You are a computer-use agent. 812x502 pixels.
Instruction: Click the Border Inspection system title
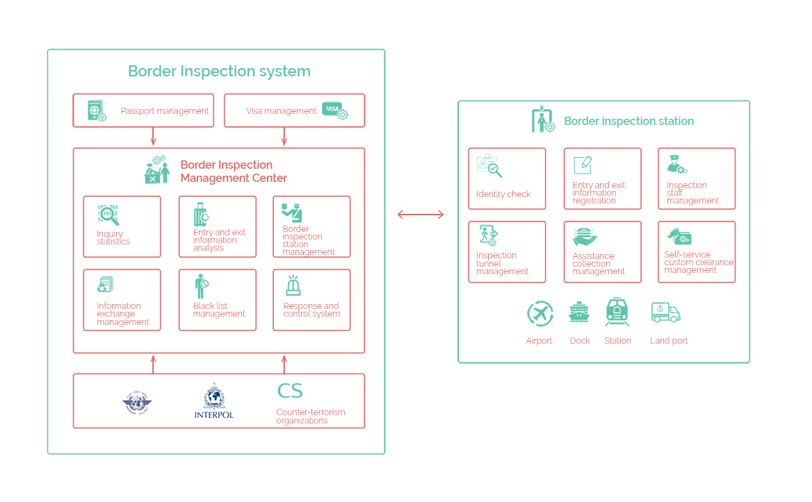pos(219,72)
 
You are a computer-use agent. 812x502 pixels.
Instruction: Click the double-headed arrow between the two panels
pos(421,215)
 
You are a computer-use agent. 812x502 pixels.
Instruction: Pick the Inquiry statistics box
pos(122,226)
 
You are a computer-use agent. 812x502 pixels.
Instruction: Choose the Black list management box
pos(217,299)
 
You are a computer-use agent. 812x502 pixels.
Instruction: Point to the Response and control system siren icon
pos(293,285)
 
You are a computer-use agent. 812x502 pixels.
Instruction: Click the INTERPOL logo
pos(213,401)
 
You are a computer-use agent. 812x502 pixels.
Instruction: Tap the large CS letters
pos(290,391)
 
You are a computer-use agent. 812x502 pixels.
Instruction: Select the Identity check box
pos(507,178)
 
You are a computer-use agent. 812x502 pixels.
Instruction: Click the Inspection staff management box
pos(697,178)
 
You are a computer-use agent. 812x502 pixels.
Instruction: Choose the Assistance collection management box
pos(602,251)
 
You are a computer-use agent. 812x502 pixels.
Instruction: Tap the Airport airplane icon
pos(539,314)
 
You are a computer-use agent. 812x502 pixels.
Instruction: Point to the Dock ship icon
pos(579,313)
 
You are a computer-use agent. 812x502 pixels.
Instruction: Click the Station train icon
pos(617,312)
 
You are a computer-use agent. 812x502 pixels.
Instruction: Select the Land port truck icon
pos(665,313)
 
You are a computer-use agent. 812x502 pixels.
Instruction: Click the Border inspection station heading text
pos(628,122)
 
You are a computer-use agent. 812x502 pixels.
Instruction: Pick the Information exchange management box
pos(122,299)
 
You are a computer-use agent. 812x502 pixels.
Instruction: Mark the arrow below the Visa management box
pos(284,137)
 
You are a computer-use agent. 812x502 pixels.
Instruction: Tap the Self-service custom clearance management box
pos(697,251)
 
